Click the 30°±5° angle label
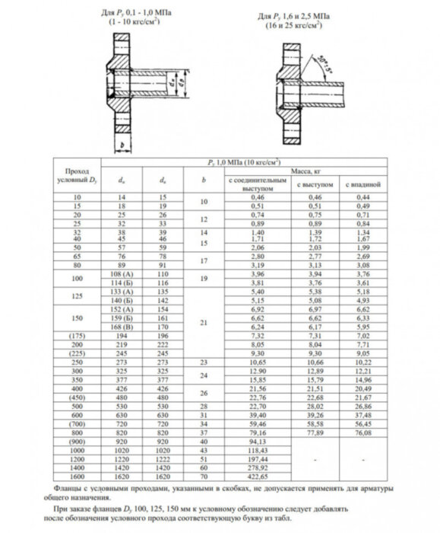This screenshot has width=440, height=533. point(332,62)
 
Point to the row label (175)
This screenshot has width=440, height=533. point(75,336)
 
